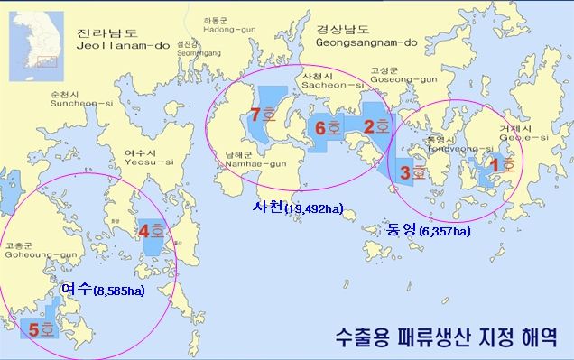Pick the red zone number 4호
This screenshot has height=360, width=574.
(329, 128)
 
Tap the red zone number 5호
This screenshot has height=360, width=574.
(264, 115)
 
